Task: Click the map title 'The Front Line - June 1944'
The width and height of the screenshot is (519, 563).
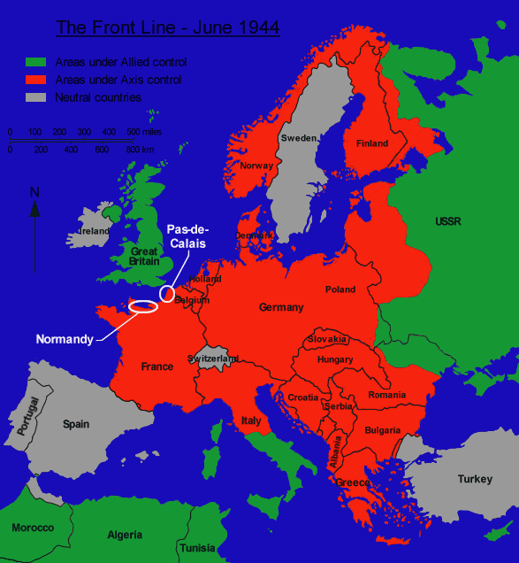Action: point(168,27)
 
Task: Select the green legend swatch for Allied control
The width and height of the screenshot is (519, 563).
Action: point(34,63)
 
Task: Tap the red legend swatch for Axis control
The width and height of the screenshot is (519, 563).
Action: point(34,80)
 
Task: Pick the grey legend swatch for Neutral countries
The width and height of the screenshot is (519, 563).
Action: point(34,97)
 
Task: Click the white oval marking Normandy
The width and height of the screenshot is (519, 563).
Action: point(143,307)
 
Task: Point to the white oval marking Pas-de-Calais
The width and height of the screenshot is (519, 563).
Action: point(166,293)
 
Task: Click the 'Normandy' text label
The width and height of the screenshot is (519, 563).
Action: point(65,339)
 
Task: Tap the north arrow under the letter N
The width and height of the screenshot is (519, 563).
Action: point(34,210)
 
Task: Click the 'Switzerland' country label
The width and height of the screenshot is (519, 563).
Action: point(213,359)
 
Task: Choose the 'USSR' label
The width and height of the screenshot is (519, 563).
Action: point(448,221)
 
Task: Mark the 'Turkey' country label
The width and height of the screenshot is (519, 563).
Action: point(475,479)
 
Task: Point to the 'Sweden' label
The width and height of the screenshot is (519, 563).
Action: point(298,138)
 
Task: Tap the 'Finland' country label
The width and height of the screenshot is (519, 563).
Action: point(372,143)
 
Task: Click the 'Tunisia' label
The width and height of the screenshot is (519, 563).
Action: point(197,548)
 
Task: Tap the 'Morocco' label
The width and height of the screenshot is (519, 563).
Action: point(33,528)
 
